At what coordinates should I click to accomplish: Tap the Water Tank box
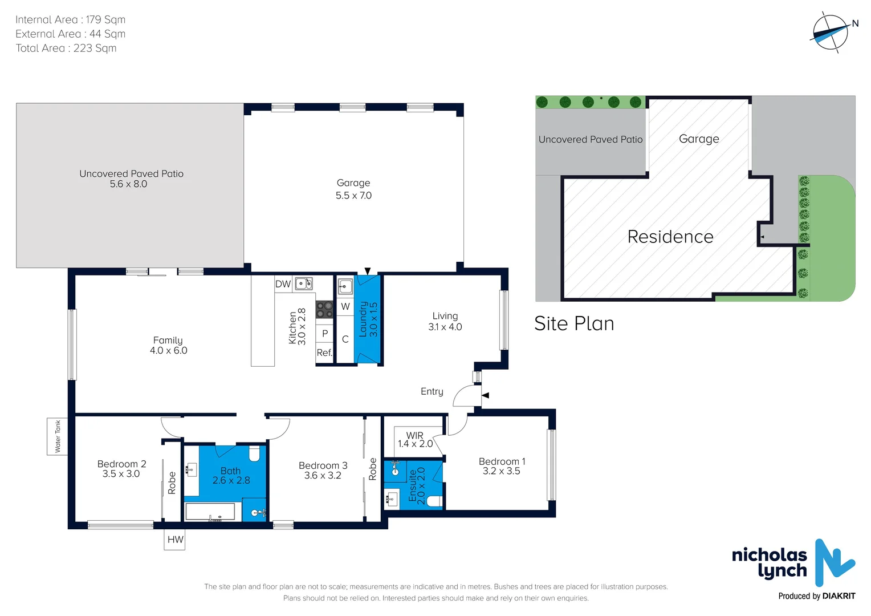click(x=57, y=436)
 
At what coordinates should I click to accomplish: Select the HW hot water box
click(x=175, y=540)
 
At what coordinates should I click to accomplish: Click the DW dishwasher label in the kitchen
click(x=283, y=284)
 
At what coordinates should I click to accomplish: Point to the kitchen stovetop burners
click(x=324, y=310)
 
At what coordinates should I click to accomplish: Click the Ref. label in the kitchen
click(x=324, y=352)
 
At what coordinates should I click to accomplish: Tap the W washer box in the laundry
click(x=345, y=306)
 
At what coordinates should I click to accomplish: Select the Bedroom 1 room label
click(x=502, y=466)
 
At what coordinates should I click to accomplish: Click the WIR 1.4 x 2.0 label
click(x=415, y=440)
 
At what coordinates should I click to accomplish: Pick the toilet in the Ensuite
click(x=434, y=502)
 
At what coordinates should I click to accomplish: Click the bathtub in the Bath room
click(x=210, y=512)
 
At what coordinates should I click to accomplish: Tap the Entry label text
click(x=432, y=391)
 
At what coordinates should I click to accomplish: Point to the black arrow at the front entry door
click(x=485, y=395)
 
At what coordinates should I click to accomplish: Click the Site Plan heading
click(x=574, y=324)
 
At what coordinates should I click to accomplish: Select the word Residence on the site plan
click(x=670, y=237)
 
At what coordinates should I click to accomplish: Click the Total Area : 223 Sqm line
click(x=66, y=48)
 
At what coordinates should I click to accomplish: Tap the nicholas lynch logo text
click(x=769, y=562)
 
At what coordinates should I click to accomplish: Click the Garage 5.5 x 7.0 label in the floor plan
click(x=353, y=189)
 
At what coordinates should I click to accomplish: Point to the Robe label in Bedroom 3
click(x=373, y=469)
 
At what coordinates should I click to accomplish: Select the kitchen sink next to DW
click(x=303, y=283)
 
